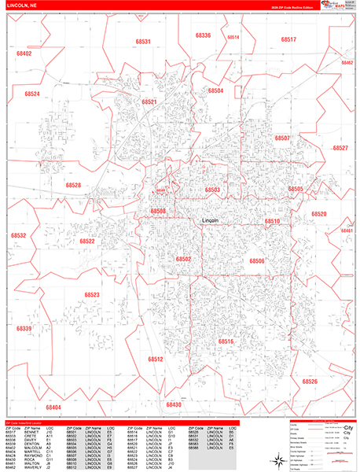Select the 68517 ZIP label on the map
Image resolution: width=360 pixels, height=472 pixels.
[x=288, y=39]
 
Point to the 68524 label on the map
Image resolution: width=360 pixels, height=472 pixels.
[x=32, y=94]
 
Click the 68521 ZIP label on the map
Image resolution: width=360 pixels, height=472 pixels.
[x=149, y=102]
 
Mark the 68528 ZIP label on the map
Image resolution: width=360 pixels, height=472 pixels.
[x=73, y=185]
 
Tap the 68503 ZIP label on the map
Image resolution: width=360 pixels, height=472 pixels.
[x=212, y=190]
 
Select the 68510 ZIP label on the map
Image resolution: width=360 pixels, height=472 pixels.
[x=272, y=222]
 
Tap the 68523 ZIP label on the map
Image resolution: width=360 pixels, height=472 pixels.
[x=92, y=295]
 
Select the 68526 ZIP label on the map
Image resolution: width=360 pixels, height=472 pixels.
[x=310, y=382]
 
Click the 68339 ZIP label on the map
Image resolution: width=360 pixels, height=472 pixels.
[x=24, y=328]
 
